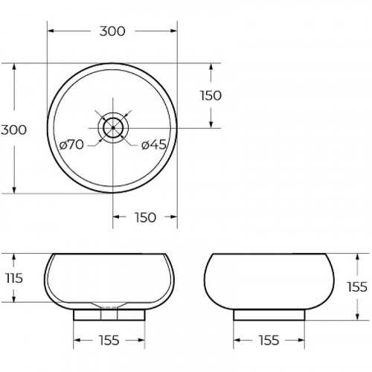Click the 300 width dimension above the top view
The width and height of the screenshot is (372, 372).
pyautogui.click(x=112, y=31)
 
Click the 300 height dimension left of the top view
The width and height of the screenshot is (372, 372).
pyautogui.click(x=13, y=129)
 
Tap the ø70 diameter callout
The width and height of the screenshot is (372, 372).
pyautogui.click(x=71, y=144)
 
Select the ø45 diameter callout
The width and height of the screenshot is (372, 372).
pyautogui.click(x=154, y=144)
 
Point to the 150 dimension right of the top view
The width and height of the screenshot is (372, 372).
pyautogui.click(x=211, y=95)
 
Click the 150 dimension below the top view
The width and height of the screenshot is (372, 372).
pyautogui.click(x=145, y=217)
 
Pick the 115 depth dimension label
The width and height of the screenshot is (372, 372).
pyautogui.click(x=14, y=278)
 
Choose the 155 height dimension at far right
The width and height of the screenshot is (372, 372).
pyautogui.click(x=357, y=287)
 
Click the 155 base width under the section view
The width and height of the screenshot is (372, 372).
pyautogui.click(x=109, y=340)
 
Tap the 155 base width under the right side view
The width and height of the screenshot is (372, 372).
pyautogui.click(x=269, y=340)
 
